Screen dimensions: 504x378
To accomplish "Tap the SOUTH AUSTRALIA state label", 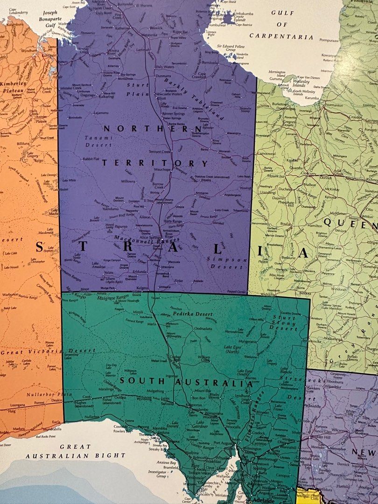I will pos(182,381).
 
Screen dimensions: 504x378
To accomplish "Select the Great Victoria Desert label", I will pos(47,351).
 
